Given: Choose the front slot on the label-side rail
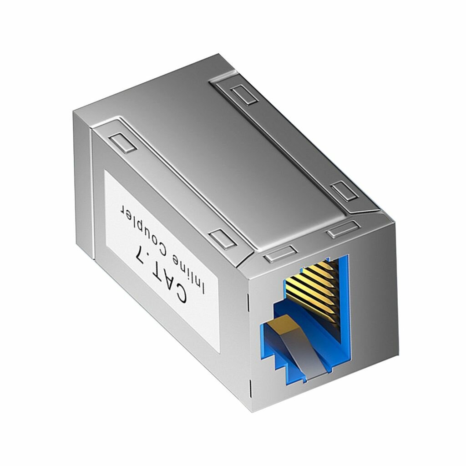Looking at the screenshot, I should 222,238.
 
